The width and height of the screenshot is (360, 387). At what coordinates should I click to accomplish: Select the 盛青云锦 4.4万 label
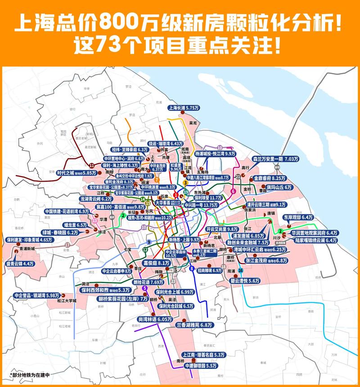[x=20, y=264]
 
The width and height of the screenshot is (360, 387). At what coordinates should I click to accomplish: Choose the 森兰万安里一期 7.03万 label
[x=275, y=159]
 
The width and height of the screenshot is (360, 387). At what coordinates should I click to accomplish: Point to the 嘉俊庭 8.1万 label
[x=156, y=263]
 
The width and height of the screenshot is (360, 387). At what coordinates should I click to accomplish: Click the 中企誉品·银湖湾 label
[x=37, y=295]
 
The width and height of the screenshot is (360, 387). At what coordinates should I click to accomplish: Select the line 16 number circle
[x=241, y=270]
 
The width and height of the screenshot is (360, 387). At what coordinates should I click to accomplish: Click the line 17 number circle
[x=67, y=245]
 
